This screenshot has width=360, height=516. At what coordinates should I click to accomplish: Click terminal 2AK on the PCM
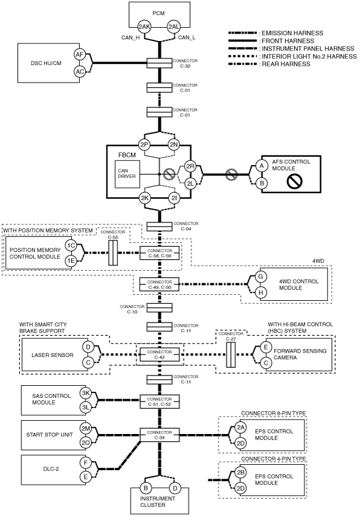click(144, 27)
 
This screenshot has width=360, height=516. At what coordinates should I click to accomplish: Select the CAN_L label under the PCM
click(186, 37)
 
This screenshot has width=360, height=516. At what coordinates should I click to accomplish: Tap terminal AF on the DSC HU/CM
click(80, 55)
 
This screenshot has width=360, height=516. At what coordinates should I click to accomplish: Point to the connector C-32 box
click(159, 63)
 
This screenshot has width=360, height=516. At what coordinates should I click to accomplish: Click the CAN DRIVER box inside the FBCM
click(127, 174)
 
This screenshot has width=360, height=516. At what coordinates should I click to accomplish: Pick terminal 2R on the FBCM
click(190, 166)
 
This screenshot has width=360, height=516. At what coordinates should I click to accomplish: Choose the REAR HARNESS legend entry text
click(286, 64)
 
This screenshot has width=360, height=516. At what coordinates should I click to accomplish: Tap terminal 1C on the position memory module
click(71, 245)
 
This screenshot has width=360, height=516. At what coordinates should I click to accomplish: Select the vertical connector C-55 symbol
click(113, 253)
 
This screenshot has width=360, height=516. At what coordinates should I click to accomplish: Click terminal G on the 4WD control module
click(261, 277)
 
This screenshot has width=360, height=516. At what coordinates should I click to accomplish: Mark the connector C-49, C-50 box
click(160, 285)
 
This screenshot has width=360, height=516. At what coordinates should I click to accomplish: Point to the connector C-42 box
click(160, 354)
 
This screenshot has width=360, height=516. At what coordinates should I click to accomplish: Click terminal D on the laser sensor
click(88, 347)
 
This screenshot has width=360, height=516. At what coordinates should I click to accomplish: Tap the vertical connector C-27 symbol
click(231, 354)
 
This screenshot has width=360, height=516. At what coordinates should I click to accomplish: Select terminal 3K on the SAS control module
click(86, 393)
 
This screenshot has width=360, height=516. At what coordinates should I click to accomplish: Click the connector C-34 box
click(160, 435)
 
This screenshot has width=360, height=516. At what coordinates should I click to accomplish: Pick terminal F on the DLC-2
click(86, 463)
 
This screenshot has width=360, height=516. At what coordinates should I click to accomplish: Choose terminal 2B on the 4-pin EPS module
click(241, 473)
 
